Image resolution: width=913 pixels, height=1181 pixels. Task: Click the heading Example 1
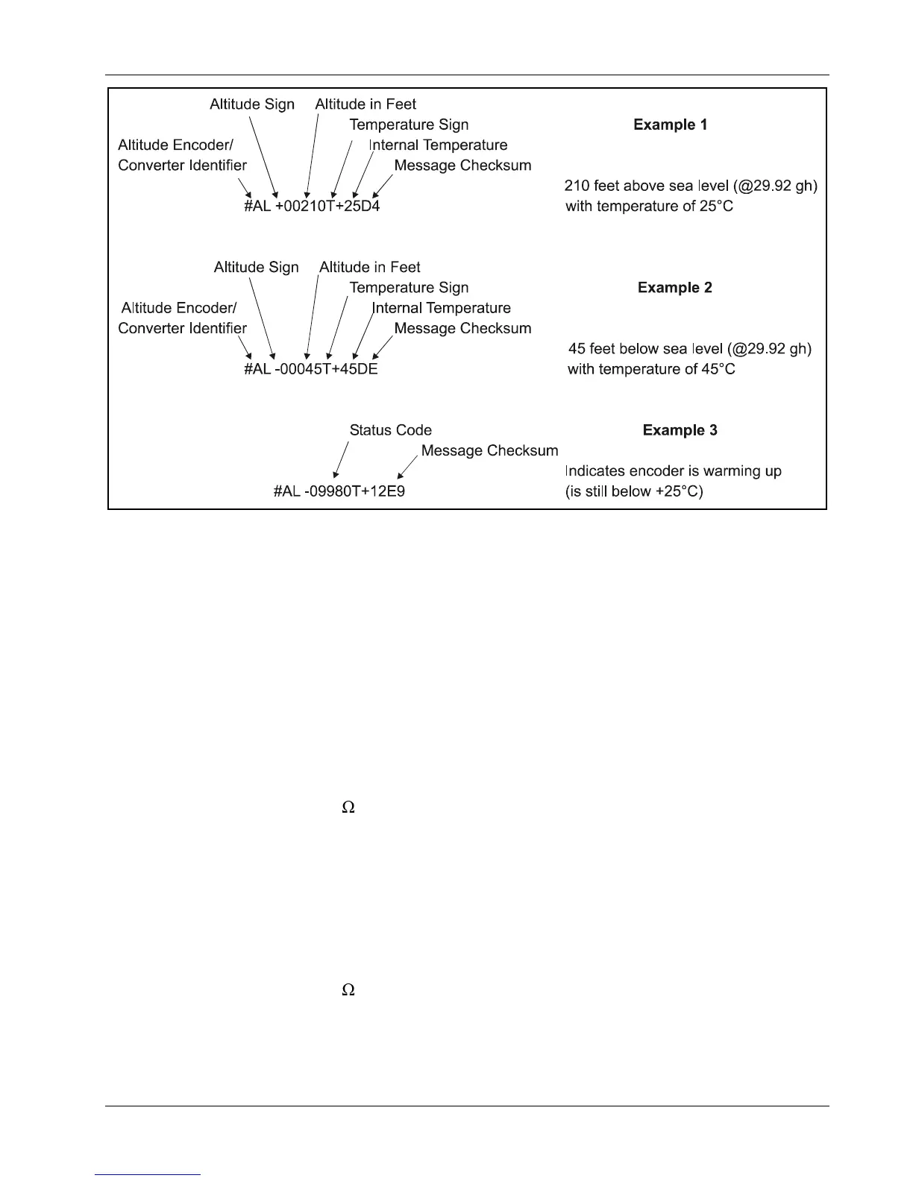tap(670, 125)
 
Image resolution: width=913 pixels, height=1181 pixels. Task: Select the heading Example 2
tap(674, 288)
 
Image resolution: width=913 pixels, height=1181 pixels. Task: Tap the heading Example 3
tap(680, 430)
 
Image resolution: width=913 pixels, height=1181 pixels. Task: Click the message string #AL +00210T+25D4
tap(312, 206)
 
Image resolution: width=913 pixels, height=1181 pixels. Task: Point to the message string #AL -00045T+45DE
tap(311, 369)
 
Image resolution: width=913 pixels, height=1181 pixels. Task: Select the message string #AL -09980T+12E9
tap(339, 491)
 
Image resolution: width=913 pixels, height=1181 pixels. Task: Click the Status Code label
tap(390, 430)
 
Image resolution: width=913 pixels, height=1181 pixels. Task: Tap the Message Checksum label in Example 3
tap(489, 450)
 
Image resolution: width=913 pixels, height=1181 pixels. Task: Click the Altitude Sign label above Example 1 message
tap(252, 104)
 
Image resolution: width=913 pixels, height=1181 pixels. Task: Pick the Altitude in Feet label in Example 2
tap(369, 267)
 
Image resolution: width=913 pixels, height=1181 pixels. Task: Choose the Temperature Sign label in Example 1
tap(409, 125)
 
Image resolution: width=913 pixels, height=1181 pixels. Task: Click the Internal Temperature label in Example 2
tap(441, 308)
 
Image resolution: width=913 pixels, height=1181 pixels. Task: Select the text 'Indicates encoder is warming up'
tap(673, 471)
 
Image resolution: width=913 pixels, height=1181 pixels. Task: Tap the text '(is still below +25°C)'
tap(634, 491)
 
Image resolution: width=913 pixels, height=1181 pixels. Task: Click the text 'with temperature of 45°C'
tap(650, 369)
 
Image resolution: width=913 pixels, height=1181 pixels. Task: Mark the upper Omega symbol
tap(348, 807)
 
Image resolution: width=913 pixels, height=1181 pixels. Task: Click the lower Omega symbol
tap(348, 990)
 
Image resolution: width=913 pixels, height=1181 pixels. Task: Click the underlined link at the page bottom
tap(148, 1174)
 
